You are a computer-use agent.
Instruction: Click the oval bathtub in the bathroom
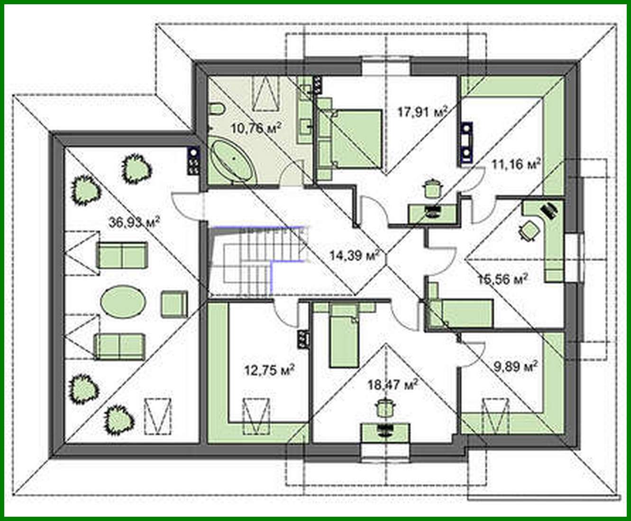tap(232, 161)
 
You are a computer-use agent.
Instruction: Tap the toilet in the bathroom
tap(217, 110)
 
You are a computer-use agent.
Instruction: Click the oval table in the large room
tap(123, 301)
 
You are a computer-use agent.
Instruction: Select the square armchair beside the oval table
tap(174, 304)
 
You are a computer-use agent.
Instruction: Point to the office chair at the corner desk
tap(529, 230)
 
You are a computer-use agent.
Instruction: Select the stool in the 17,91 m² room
tap(431, 187)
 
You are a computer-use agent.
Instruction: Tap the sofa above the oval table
tap(122, 255)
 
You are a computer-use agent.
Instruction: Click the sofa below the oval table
tap(119, 345)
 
